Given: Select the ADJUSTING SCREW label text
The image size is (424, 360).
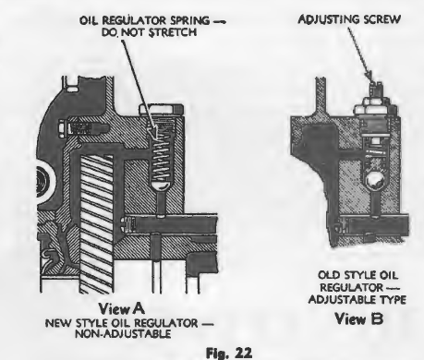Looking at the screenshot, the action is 349,19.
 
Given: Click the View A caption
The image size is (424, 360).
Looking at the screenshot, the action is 121,308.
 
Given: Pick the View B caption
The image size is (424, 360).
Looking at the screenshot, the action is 359,318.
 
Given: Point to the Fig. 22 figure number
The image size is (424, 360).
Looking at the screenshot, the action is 228,353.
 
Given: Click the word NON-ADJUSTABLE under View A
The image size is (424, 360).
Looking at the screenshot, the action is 123,334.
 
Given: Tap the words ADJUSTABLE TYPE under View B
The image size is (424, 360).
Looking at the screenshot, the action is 357,299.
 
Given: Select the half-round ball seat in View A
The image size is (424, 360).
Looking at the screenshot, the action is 160,186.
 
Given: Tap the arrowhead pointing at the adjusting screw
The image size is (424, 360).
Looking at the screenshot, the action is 368,76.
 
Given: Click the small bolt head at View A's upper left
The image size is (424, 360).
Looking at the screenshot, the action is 62,127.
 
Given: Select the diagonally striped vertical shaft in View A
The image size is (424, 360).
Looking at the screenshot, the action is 96,224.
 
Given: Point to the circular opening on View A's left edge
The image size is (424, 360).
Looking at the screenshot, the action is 45,182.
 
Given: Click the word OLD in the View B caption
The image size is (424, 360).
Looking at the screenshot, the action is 329,275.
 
